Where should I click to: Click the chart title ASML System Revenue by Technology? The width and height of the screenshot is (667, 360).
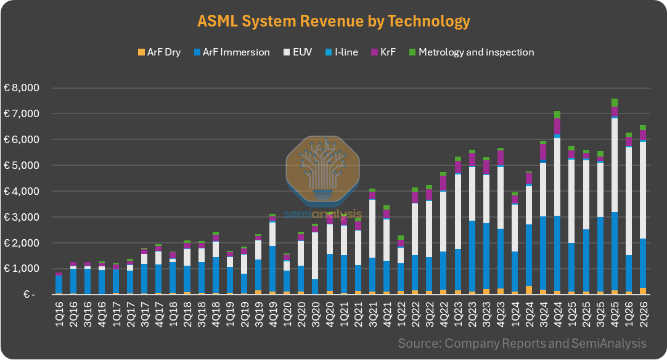(333, 21)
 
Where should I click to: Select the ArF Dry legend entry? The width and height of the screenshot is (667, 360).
(159, 52)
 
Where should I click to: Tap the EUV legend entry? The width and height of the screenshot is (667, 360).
(298, 52)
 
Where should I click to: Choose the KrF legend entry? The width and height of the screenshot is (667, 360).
(383, 52)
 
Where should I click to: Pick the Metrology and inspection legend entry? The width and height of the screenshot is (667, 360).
(472, 52)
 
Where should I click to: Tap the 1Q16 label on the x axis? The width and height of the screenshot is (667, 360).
(59, 314)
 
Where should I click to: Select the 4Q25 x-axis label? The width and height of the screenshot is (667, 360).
(614, 314)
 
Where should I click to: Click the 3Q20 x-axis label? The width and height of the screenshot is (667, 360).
(315, 314)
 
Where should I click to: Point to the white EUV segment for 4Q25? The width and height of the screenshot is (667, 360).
(614, 165)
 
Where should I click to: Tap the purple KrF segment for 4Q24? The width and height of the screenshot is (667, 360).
(557, 126)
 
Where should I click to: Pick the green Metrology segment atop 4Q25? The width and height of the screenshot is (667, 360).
(614, 102)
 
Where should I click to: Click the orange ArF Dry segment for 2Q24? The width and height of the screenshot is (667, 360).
(529, 290)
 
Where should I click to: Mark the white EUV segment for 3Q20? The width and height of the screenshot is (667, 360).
(315, 256)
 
